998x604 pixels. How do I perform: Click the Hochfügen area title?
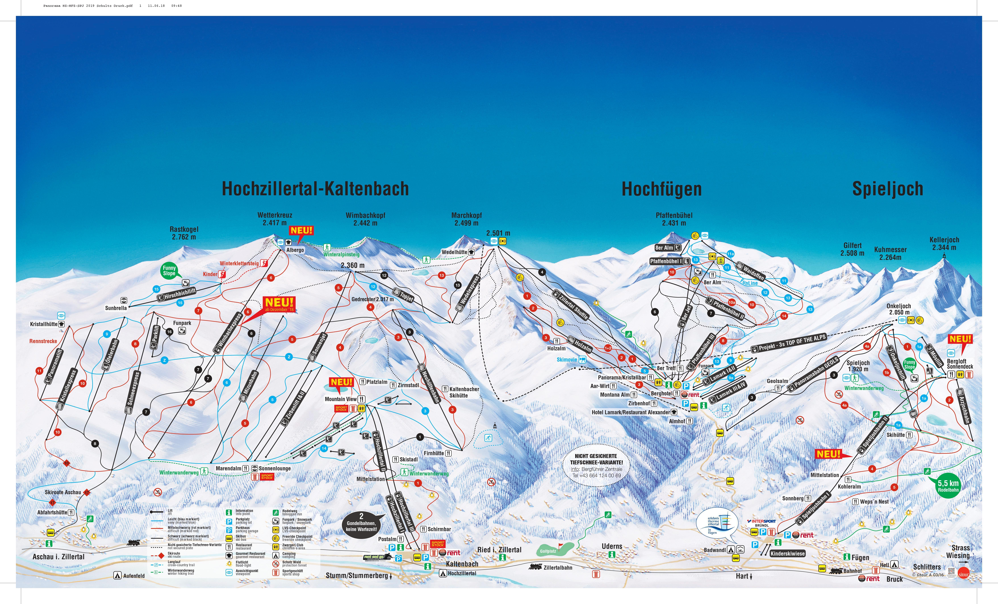pos(661,189)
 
